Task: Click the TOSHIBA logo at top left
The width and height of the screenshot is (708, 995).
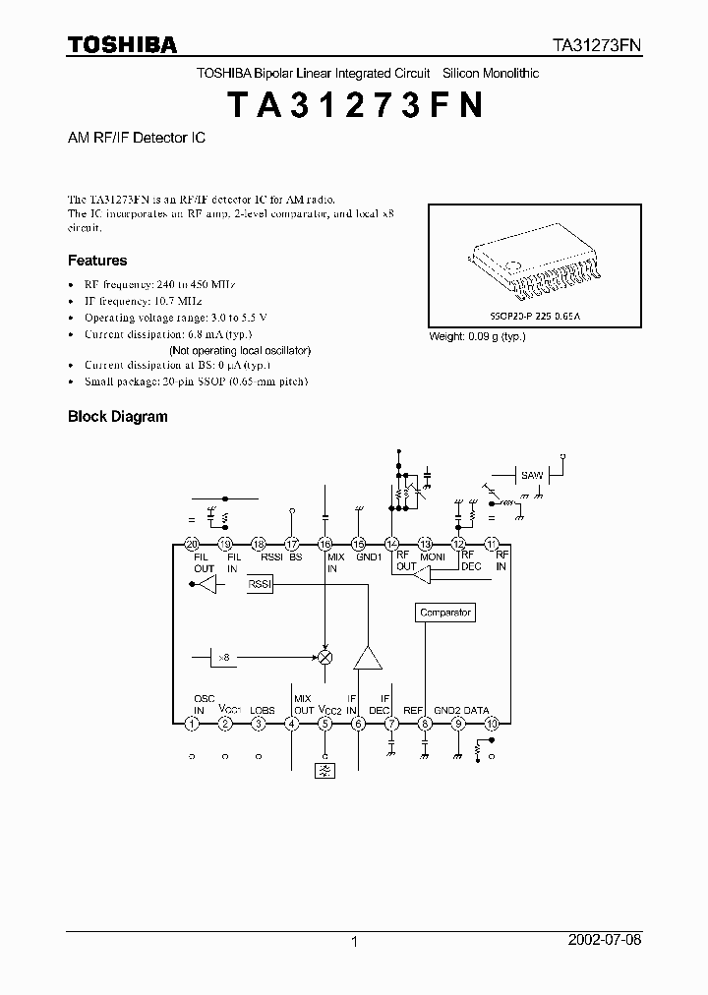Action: click(122, 44)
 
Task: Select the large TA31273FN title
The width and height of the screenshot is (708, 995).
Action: click(354, 105)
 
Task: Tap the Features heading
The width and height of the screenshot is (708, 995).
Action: click(97, 261)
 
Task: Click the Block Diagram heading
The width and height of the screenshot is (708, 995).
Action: click(117, 416)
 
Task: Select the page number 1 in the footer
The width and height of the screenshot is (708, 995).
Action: click(354, 942)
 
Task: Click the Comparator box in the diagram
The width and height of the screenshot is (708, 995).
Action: click(445, 613)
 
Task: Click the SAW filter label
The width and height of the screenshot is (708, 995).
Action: click(532, 476)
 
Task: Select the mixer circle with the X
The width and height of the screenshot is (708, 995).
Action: click(325, 656)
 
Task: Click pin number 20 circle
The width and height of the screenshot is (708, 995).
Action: click(192, 544)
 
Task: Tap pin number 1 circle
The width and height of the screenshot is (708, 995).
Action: click(192, 724)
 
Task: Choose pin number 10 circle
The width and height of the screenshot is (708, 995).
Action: click(492, 724)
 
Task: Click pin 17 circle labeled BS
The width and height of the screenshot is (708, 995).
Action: click(292, 544)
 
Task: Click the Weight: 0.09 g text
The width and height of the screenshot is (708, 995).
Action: click(477, 336)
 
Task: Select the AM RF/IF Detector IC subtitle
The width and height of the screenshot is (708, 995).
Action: click(136, 139)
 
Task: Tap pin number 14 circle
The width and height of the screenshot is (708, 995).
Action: click(391, 544)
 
